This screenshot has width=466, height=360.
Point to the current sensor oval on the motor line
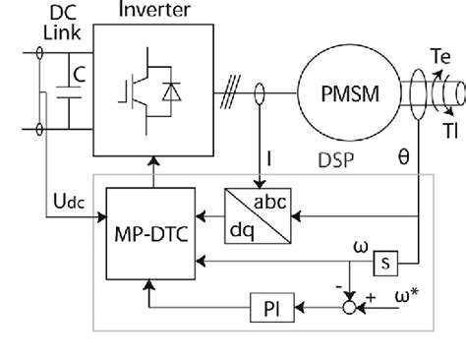259,95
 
